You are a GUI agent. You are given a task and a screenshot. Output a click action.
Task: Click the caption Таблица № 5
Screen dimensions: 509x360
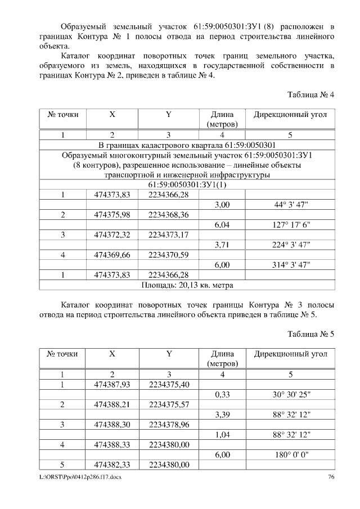click(x=310, y=334)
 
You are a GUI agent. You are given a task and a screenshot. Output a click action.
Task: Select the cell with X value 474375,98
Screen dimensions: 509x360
click(x=112, y=215)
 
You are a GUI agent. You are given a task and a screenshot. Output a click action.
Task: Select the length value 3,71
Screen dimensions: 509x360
click(x=222, y=245)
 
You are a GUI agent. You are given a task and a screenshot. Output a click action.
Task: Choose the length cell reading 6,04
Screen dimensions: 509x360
click(x=222, y=225)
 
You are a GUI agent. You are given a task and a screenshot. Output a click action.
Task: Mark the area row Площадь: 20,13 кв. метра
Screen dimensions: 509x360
click(x=187, y=285)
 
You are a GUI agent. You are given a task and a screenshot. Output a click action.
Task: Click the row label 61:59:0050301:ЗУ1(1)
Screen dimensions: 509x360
click(x=187, y=185)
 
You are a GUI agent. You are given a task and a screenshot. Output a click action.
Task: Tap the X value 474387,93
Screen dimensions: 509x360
click(x=112, y=385)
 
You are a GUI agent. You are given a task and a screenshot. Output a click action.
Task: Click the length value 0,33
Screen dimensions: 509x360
click(x=222, y=395)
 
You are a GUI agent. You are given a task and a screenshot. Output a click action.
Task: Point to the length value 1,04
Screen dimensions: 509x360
click(x=222, y=435)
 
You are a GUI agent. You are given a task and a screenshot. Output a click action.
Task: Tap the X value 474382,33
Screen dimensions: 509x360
click(x=112, y=465)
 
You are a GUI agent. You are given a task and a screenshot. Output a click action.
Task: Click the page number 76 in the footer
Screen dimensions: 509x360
click(x=331, y=477)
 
